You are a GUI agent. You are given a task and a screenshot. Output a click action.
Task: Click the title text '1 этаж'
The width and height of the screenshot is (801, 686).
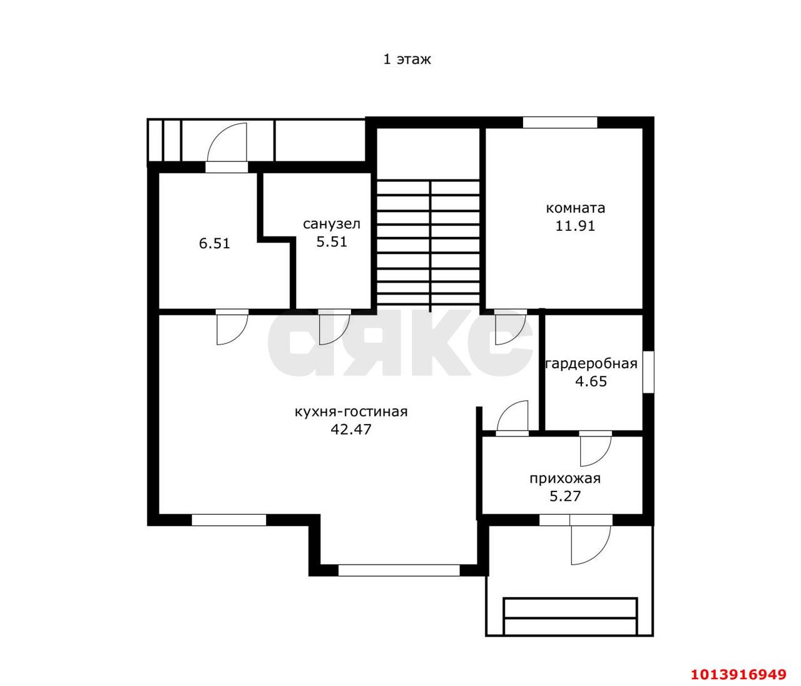pyautogui.click(x=407, y=59)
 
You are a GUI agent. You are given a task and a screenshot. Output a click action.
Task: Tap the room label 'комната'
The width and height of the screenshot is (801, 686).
pyautogui.click(x=575, y=208)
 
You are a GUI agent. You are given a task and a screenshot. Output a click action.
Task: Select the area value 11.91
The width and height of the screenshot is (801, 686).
pyautogui.click(x=575, y=226)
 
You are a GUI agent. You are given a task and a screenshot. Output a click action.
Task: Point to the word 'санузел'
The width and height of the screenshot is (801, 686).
pyautogui.click(x=331, y=224)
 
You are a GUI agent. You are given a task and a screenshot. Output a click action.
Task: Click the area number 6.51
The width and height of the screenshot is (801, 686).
pyautogui.click(x=214, y=243)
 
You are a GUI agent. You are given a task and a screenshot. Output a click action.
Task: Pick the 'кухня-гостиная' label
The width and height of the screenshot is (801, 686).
pyautogui.click(x=351, y=411)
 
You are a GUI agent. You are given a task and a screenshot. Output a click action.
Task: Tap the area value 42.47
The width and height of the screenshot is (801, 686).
pyautogui.click(x=351, y=429)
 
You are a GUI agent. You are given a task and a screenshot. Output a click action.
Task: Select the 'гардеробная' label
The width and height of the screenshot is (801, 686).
pyautogui.click(x=591, y=364)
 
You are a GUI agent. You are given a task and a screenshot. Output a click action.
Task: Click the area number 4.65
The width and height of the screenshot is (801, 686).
pyautogui.click(x=591, y=381)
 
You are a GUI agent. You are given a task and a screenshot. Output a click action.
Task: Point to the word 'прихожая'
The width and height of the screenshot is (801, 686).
pyautogui.click(x=565, y=479)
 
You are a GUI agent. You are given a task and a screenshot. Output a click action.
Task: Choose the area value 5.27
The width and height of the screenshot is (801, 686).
pyautogui.click(x=565, y=496)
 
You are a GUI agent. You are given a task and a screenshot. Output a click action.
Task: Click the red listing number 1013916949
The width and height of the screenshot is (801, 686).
pyautogui.click(x=738, y=674)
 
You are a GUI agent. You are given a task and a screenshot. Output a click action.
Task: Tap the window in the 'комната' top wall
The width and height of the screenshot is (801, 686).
pyautogui.click(x=560, y=122)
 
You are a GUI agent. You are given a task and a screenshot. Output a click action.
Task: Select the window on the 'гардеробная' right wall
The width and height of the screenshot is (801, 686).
pyautogui.click(x=648, y=372)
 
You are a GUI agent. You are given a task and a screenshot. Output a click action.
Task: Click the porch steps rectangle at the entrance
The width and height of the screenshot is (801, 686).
pyautogui.click(x=570, y=617)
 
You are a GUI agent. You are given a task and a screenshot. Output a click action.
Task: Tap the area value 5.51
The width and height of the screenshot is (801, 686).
pyautogui.click(x=332, y=242)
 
